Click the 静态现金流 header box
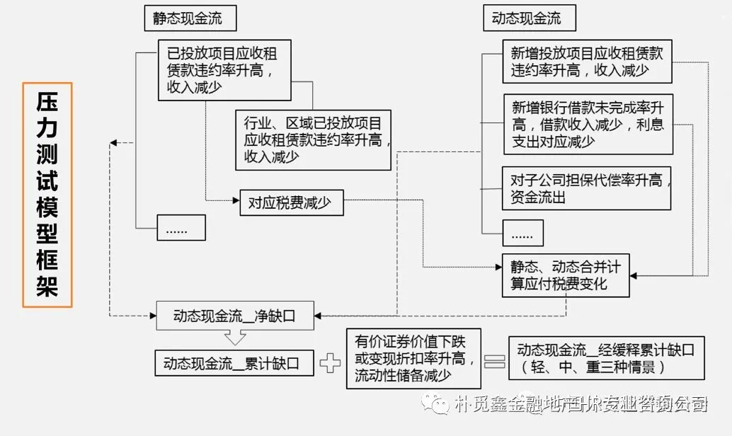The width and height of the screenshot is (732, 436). (x=189, y=18)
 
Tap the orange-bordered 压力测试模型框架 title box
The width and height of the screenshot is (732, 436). (x=47, y=195)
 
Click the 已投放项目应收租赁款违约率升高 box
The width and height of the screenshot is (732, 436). (x=224, y=69)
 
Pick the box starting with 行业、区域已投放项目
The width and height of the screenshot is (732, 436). (x=313, y=139)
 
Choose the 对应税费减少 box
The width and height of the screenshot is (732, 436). (x=291, y=203)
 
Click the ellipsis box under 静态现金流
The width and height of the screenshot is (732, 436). (x=181, y=228)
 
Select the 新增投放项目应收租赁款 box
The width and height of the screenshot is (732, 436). (x=587, y=62)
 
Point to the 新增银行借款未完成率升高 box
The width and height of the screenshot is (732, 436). (x=588, y=124)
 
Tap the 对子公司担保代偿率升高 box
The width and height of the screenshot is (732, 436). (x=586, y=188)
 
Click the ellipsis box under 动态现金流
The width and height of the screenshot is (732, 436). (x=522, y=233)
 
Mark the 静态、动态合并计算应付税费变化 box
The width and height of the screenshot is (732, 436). (x=565, y=275)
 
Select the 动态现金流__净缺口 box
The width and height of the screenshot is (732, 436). (x=234, y=316)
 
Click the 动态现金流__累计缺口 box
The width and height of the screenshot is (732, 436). (x=234, y=364)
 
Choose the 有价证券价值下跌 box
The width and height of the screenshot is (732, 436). (x=414, y=358)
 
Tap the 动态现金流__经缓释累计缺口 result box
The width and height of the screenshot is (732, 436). (x=606, y=358)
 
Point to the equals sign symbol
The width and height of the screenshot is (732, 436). (x=493, y=361)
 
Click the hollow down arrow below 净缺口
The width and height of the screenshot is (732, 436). (x=234, y=337)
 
